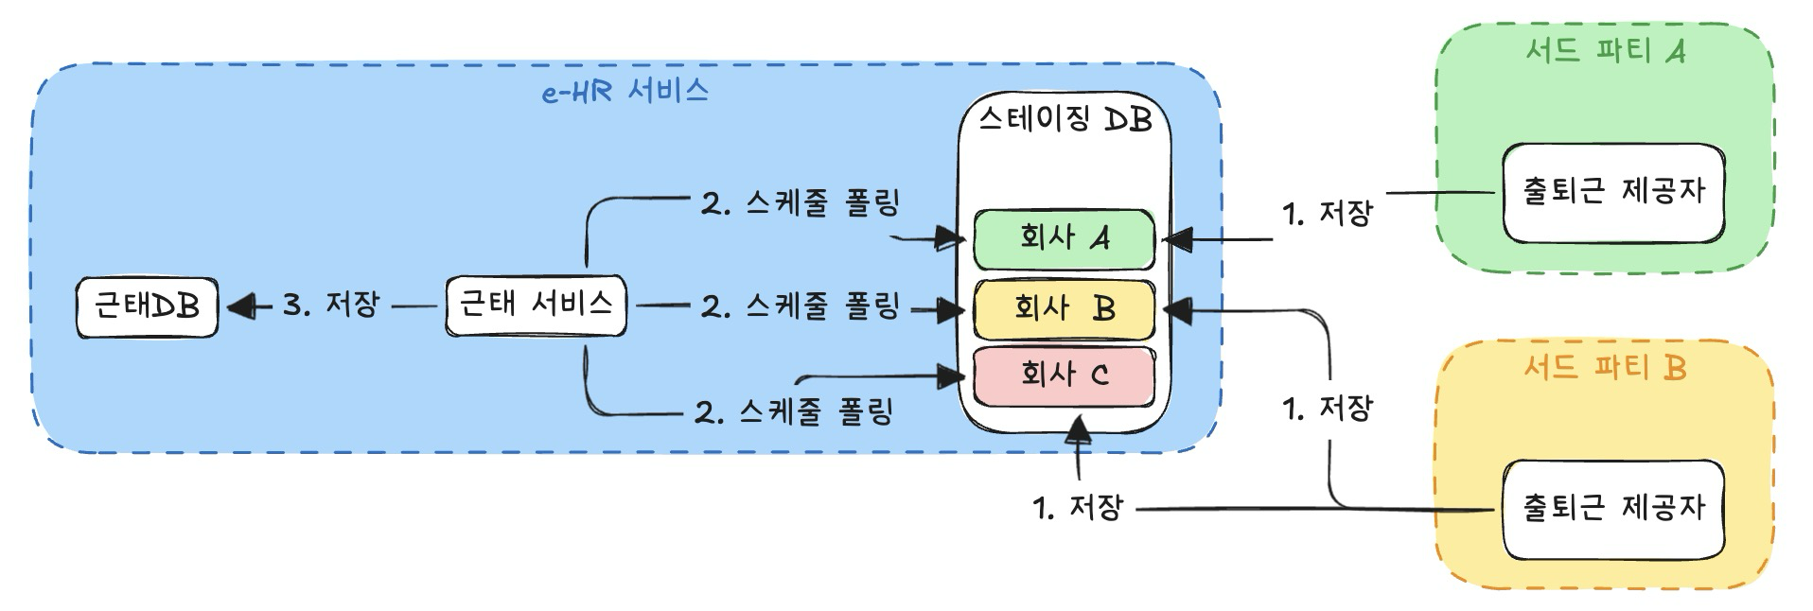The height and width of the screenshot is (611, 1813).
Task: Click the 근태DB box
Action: click(147, 306)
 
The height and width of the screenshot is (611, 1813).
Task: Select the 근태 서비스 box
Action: click(536, 305)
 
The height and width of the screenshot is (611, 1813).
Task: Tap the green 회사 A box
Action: click(1064, 238)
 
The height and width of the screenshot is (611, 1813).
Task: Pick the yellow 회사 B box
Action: click(1064, 308)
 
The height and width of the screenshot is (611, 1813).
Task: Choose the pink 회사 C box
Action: click(1064, 375)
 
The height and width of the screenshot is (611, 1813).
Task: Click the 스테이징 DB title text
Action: click(1065, 120)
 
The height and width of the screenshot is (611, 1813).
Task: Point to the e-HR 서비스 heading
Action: click(625, 92)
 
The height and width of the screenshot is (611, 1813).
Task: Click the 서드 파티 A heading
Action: click(1605, 50)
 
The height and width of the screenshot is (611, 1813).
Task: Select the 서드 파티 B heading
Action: click(1605, 367)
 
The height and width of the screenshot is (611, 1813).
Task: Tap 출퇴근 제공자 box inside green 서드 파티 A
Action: click(1613, 192)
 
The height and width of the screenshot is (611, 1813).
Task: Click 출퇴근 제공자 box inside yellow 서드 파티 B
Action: click(1613, 509)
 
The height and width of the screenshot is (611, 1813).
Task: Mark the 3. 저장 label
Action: click(331, 305)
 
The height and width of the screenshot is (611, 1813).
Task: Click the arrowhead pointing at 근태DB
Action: click(240, 306)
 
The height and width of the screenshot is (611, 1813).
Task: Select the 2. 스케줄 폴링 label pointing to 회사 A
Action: click(800, 203)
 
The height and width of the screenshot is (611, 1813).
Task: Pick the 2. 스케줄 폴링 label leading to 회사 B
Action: click(800, 306)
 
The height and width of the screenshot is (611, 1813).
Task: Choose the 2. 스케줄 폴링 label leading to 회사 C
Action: click(794, 412)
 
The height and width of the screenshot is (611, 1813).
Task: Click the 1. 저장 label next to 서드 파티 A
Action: click(1327, 214)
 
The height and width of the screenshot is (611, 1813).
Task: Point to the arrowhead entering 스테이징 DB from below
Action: click(1078, 431)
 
